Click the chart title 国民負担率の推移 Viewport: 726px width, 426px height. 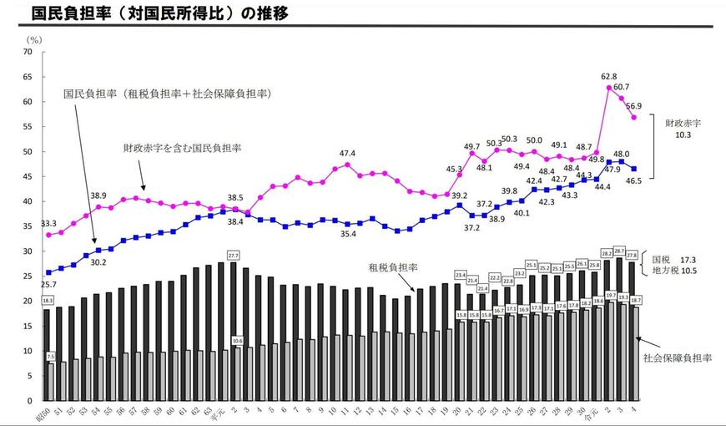coord(150,14)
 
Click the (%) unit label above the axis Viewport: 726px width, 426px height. coord(34,39)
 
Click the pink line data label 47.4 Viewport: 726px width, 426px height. coord(347,154)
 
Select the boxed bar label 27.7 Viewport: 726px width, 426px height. coord(234,255)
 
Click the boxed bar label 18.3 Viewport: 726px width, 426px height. coord(47,301)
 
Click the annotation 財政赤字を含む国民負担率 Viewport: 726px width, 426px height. coord(182,148)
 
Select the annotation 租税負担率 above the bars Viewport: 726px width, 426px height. coord(392,267)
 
